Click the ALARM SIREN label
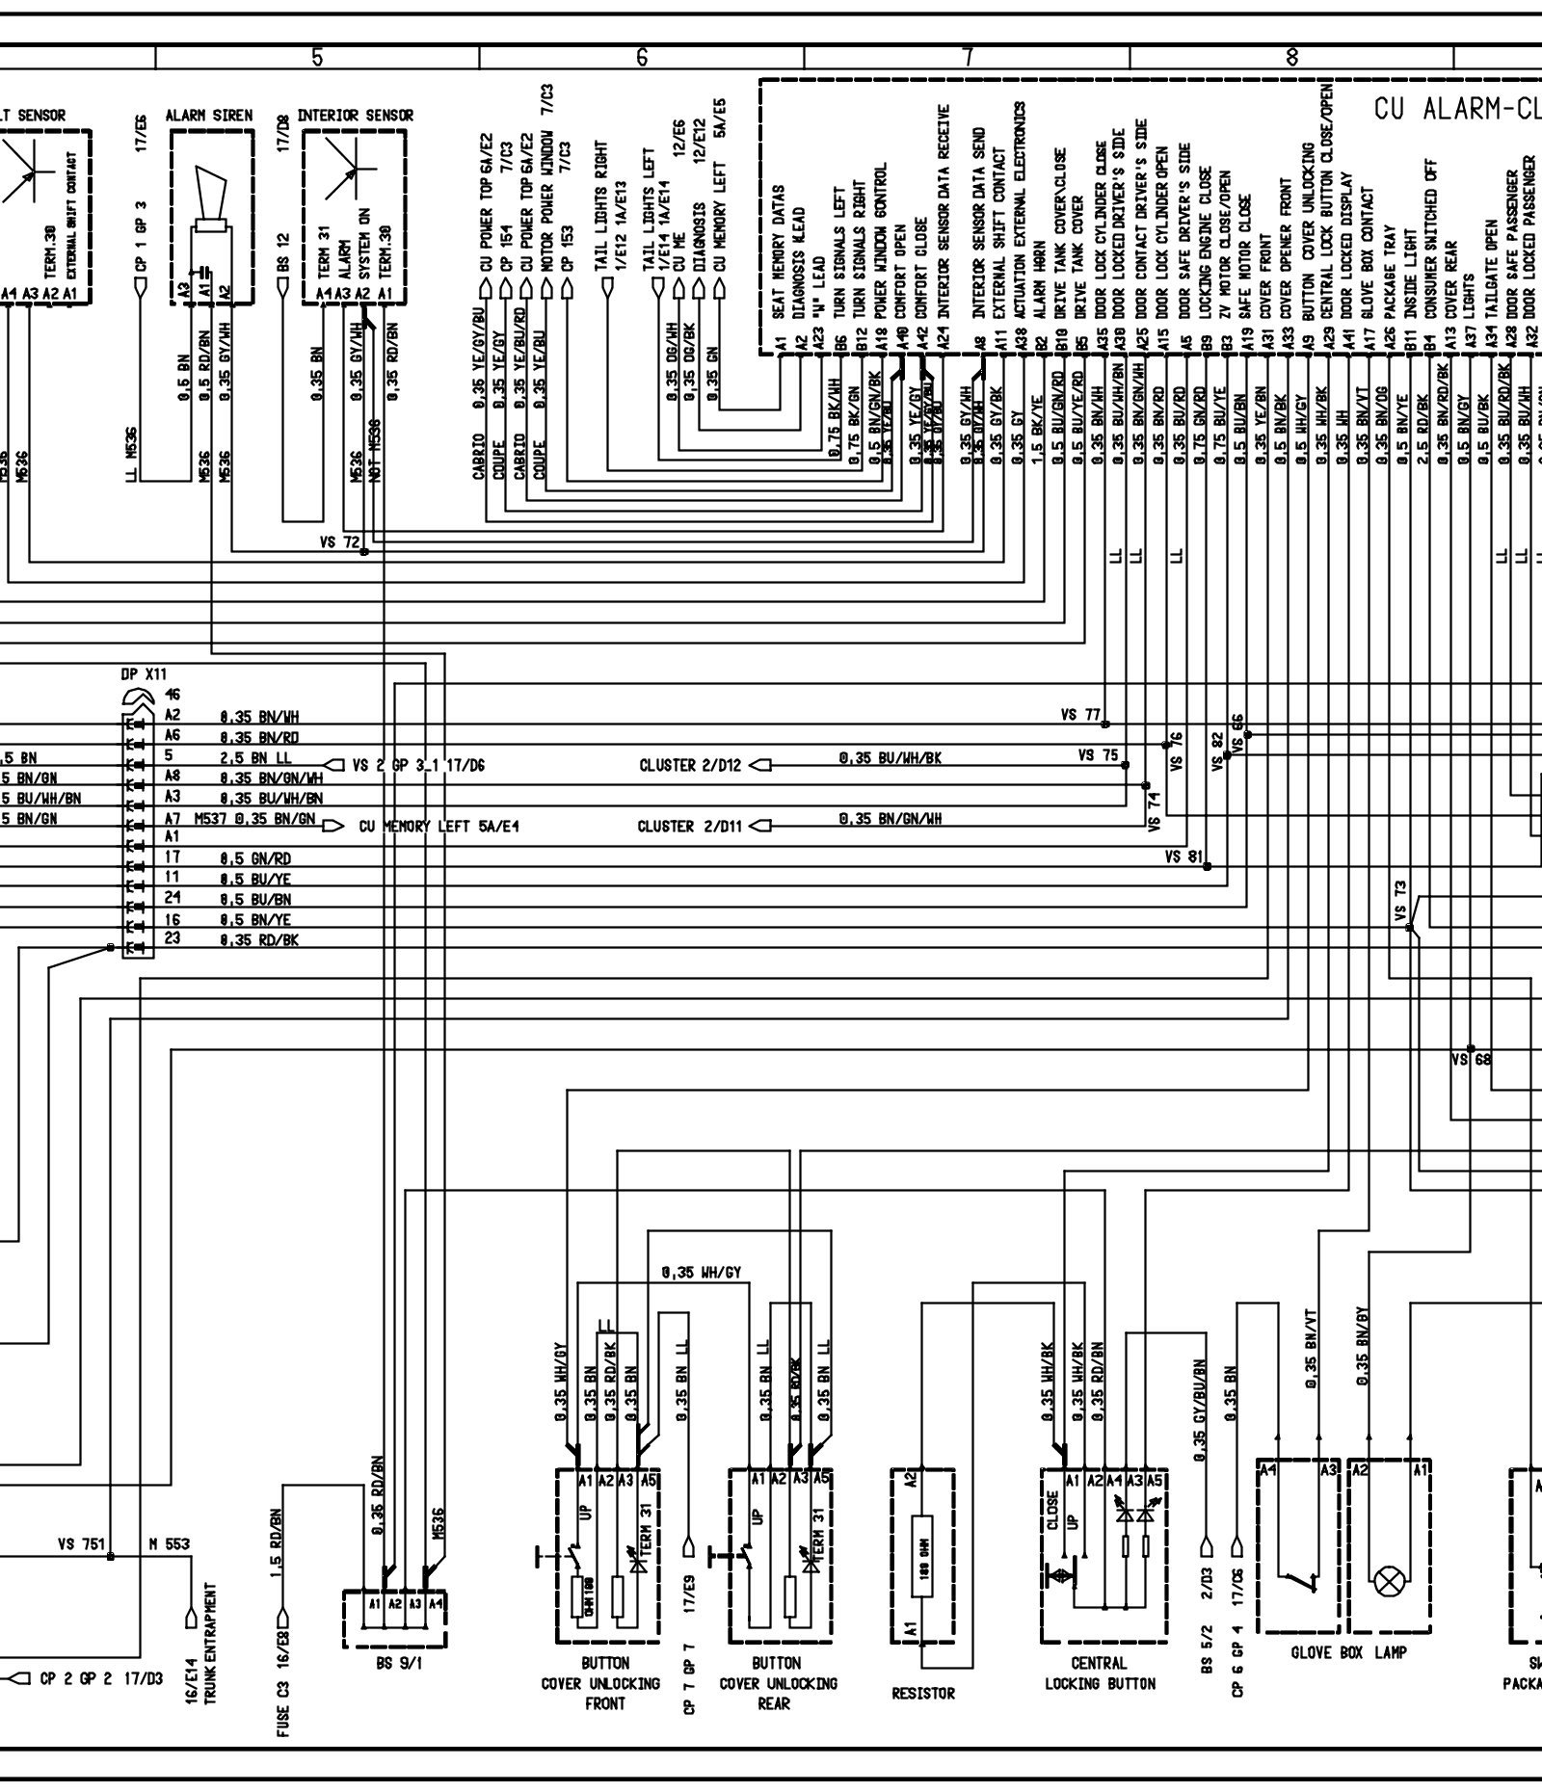pos(209,116)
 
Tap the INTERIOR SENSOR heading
pos(355,116)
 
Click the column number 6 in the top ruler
pos(642,57)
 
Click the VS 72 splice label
pos(339,542)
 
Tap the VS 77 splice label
pos(1079,715)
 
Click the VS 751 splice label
pos(81,1544)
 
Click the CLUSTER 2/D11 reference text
pos(691,826)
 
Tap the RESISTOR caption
pos(923,1693)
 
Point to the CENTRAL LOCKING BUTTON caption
pos(1099,1673)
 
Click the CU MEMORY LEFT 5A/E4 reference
pos(439,826)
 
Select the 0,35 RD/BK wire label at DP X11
pos(259,939)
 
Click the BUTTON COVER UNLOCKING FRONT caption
pos(605,1683)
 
